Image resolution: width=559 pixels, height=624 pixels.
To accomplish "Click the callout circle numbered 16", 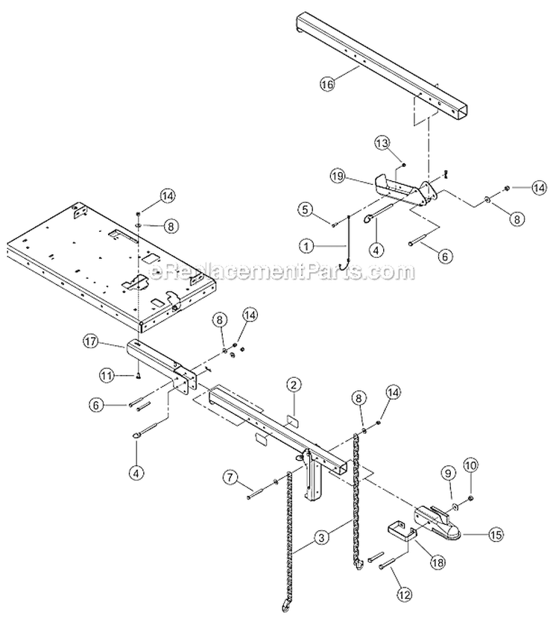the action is (x=327, y=84).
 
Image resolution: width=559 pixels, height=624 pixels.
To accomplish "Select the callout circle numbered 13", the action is (x=382, y=143).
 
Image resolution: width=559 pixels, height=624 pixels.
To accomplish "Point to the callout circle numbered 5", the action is (x=305, y=209).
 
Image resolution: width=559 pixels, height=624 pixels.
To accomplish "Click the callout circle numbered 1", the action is (x=306, y=247).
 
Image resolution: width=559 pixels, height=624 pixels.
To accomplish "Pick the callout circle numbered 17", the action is (x=91, y=342).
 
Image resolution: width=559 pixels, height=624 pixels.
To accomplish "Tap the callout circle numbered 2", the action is (x=294, y=385).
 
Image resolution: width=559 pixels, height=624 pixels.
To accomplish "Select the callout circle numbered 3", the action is (x=321, y=538).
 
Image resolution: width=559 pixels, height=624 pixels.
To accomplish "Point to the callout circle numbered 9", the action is (x=449, y=473).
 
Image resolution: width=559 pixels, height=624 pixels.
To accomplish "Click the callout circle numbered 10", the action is (x=470, y=464).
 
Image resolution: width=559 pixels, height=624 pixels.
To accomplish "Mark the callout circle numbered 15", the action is (x=496, y=534).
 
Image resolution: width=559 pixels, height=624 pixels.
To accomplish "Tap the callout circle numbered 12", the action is (x=404, y=594).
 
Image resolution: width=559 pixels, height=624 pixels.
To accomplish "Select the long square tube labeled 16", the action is (x=381, y=65).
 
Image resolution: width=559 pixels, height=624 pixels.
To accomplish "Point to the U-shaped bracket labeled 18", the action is (x=402, y=532).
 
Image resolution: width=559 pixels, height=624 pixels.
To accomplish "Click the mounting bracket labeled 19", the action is (x=405, y=190).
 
